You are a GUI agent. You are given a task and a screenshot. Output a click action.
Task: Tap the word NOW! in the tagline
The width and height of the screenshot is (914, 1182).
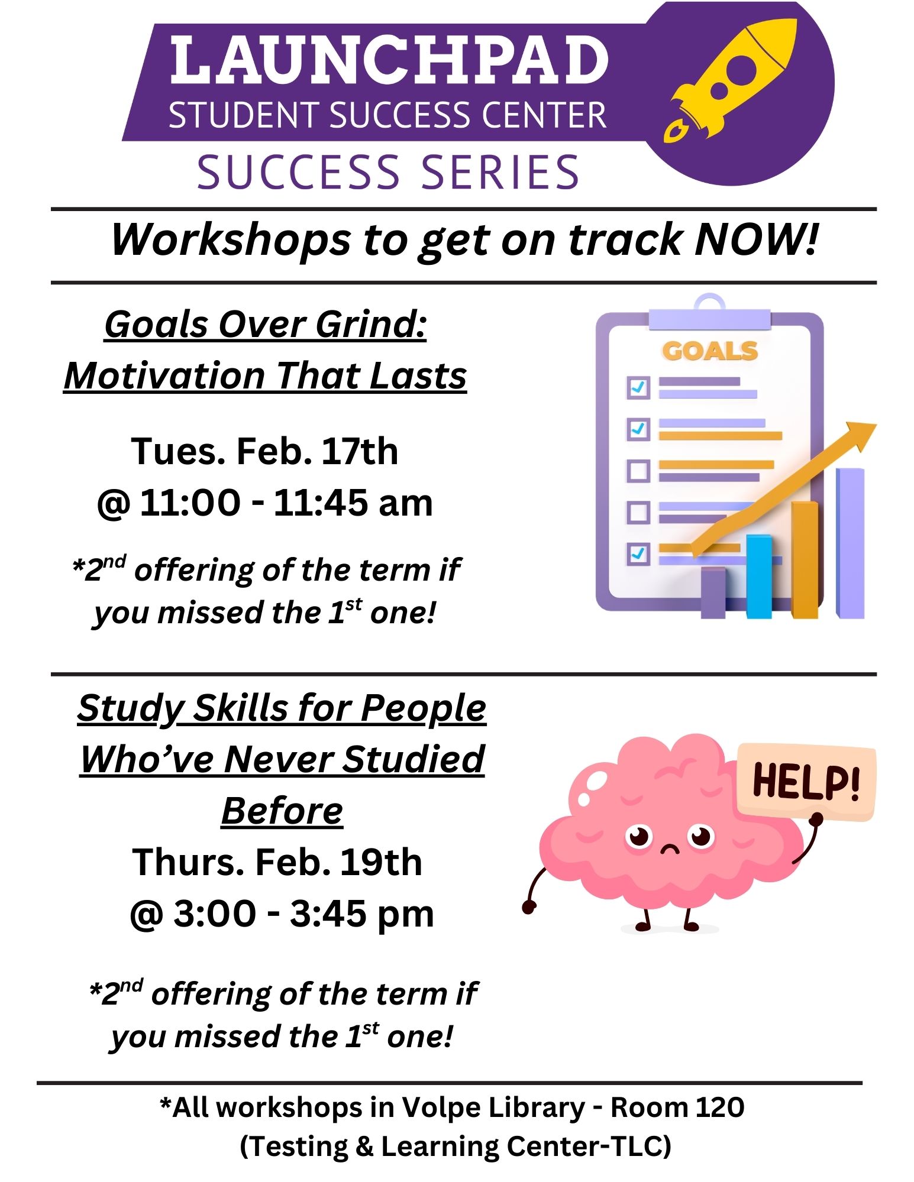[x=757, y=239]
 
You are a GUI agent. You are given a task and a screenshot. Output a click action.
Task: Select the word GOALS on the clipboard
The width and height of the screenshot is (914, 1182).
[x=710, y=351]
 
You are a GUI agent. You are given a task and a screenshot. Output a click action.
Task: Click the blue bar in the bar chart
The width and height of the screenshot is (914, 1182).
[x=759, y=577]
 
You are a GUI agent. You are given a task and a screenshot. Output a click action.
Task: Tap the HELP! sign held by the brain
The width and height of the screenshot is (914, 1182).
[x=806, y=782]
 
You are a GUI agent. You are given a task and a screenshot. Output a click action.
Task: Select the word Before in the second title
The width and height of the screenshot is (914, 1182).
[x=282, y=811]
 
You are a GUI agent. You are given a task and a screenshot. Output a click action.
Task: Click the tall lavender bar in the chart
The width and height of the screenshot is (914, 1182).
[x=850, y=543]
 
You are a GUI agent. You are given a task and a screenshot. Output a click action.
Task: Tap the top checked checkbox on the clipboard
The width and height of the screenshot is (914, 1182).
[x=638, y=388]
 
